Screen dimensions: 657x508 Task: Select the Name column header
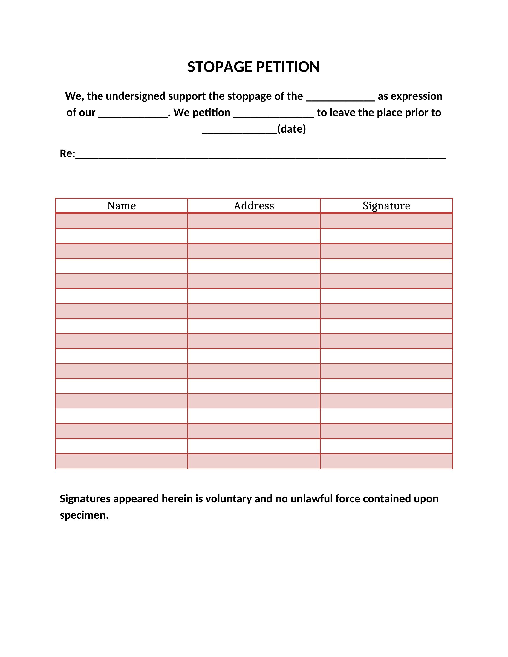(x=121, y=206)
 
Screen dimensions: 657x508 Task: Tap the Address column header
(x=254, y=206)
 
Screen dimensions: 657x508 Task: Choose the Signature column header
(x=386, y=206)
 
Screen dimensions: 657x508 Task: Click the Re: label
(x=67, y=153)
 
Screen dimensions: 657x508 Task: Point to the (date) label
(x=291, y=129)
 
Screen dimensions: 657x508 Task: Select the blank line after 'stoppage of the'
(x=340, y=99)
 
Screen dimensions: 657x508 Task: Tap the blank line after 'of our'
(x=133, y=116)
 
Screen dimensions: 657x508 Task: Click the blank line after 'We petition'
(x=273, y=116)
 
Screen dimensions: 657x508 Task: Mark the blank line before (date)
(x=239, y=132)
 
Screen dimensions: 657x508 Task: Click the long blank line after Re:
(x=260, y=157)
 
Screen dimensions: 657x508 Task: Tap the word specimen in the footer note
(x=84, y=515)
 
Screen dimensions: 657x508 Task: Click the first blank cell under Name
(x=121, y=221)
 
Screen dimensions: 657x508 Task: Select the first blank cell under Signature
(x=386, y=221)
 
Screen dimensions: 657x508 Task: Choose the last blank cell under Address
(x=254, y=461)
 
